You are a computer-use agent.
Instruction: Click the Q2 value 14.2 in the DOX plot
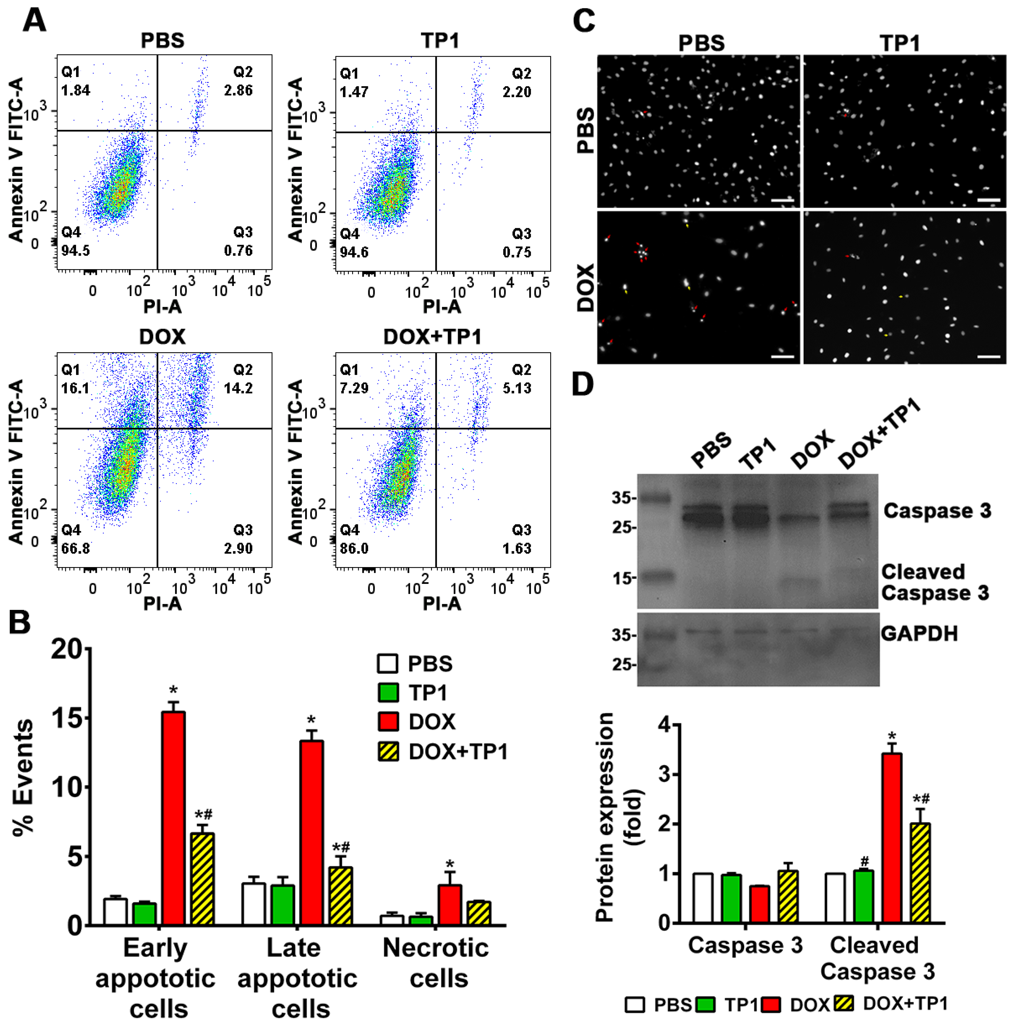[x=238, y=388]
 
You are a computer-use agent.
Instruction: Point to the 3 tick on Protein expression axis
[x=664, y=774]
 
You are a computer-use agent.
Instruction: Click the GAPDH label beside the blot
[x=919, y=633]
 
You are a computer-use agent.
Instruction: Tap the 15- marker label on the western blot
[x=624, y=578]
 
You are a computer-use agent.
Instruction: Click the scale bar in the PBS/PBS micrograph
[x=782, y=201]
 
